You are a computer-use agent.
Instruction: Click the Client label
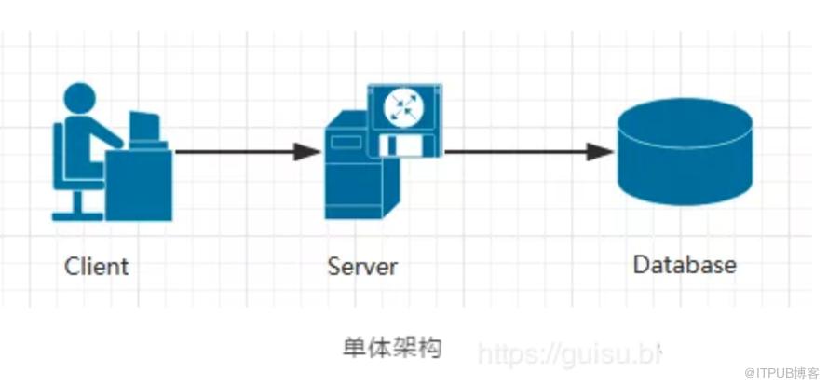(96, 266)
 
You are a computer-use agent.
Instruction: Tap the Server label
(362, 266)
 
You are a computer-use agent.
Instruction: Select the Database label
(685, 264)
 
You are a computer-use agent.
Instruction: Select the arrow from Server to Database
(522, 151)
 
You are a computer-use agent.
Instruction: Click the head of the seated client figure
(79, 98)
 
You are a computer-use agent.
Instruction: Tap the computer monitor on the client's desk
(144, 128)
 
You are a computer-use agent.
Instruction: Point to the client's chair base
(76, 214)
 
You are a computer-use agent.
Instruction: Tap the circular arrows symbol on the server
(404, 106)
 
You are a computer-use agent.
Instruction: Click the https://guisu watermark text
(568, 353)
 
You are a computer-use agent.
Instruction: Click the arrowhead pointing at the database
(601, 151)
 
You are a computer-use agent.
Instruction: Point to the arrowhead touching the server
(308, 151)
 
